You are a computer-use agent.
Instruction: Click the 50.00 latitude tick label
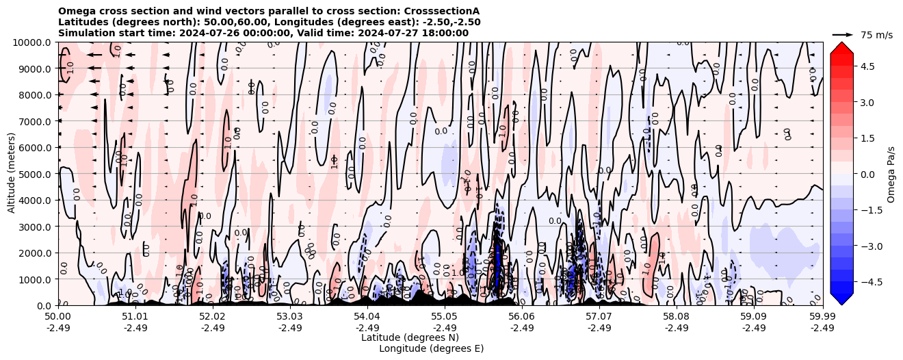[x=58, y=317]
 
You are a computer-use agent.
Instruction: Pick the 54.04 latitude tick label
[x=367, y=317]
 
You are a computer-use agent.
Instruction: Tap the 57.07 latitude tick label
[x=599, y=317]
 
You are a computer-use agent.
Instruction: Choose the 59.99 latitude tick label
[x=822, y=317]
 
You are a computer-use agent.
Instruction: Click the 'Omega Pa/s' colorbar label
[x=891, y=174]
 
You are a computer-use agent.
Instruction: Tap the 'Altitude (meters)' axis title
[x=12, y=174]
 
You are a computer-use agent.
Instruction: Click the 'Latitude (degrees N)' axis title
[x=410, y=337]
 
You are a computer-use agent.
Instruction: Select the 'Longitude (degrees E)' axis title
[x=431, y=348]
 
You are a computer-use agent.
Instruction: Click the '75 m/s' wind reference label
[x=876, y=35]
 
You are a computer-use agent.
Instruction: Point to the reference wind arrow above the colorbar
[x=843, y=34]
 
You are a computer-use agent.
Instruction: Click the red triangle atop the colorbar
[x=841, y=47]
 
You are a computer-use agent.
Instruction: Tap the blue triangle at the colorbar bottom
[x=841, y=298]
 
